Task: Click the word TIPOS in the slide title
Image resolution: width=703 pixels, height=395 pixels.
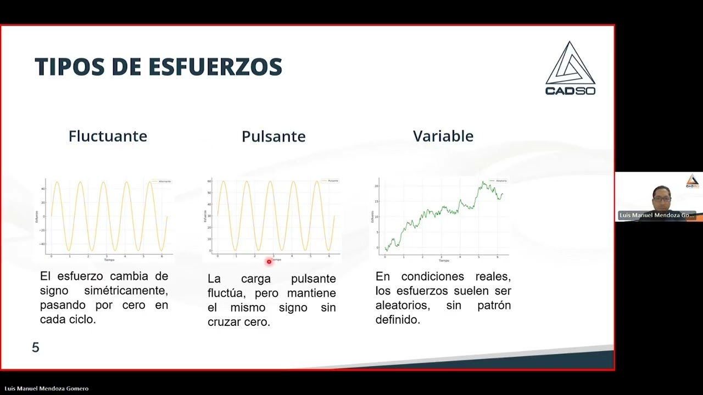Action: click(69, 67)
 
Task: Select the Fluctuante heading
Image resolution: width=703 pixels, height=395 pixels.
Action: click(108, 136)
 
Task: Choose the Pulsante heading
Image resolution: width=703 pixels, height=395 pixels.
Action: click(274, 137)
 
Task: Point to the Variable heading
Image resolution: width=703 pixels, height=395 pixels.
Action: click(443, 136)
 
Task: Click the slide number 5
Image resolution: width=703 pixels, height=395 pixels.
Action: click(36, 347)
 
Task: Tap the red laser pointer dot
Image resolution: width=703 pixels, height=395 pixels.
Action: click(269, 262)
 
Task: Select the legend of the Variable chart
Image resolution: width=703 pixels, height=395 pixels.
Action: click(499, 180)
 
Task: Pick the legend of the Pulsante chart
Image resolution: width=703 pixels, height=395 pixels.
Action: click(330, 180)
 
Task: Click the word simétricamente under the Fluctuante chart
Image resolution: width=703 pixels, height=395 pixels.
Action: click(126, 290)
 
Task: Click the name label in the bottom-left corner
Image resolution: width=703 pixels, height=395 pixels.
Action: click(46, 388)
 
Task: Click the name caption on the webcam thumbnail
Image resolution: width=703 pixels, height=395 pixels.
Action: click(657, 216)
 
